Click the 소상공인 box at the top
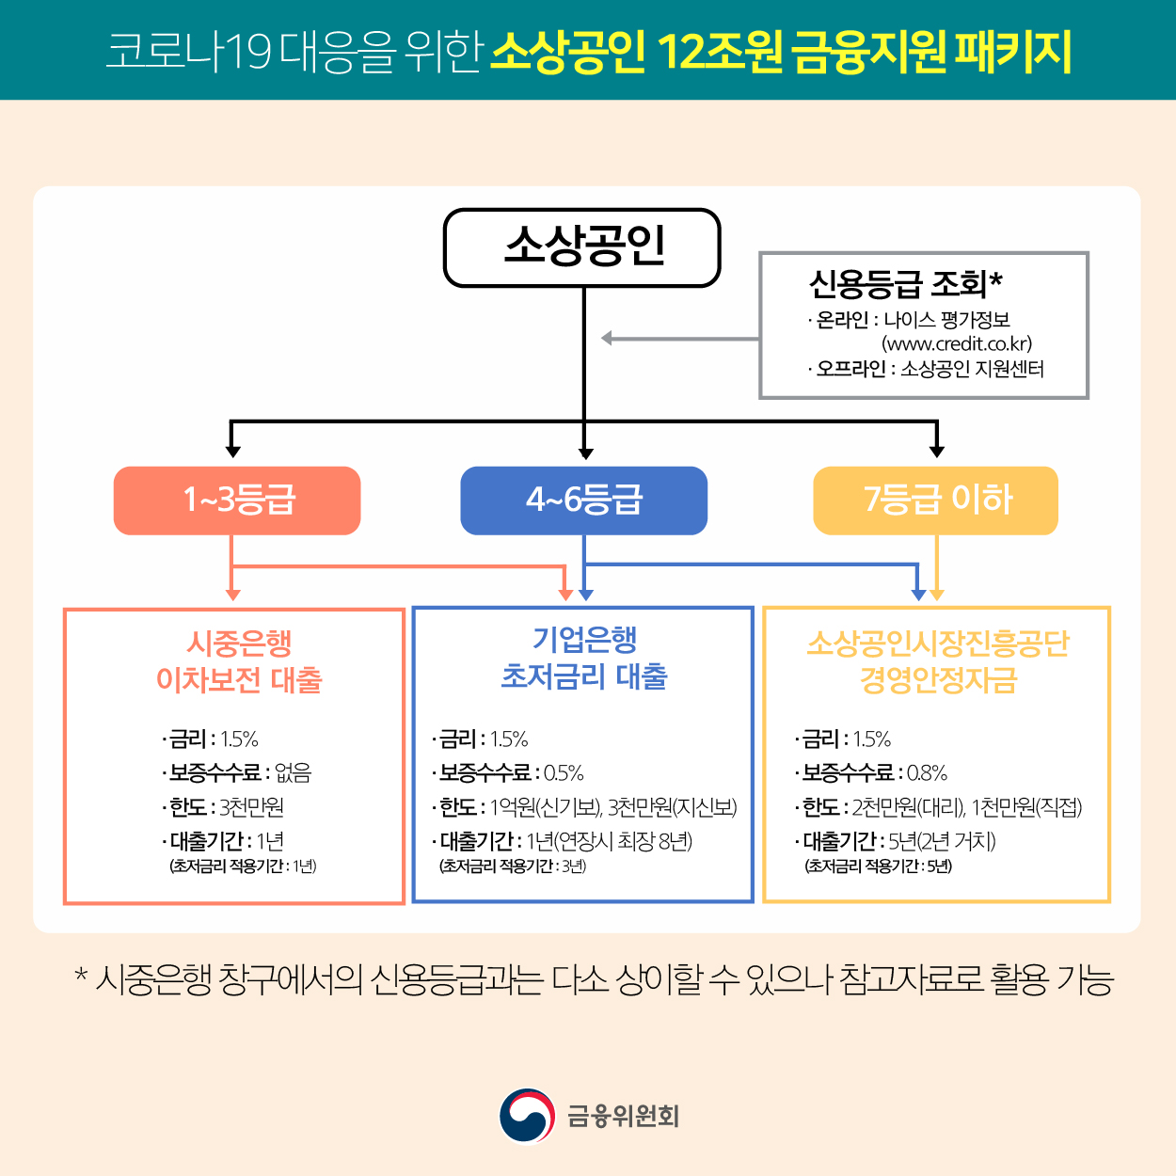coord(582,247)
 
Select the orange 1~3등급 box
coord(237,500)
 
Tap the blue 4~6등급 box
coord(583,500)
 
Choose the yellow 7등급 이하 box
coord(935,500)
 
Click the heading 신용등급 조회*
coord(905,283)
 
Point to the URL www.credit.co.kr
coord(957,344)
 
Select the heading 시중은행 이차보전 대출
coord(239,661)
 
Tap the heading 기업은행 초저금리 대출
coord(584,658)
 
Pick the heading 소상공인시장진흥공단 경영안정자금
coord(938,661)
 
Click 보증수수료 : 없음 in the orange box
coord(237,773)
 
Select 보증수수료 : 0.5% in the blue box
coord(509,773)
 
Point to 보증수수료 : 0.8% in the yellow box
coord(872,773)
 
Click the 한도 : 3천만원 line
coord(224,807)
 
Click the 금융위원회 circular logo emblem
coord(526,1116)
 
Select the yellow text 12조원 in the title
coord(720,51)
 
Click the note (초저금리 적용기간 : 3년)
coord(513,866)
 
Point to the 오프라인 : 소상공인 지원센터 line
coord(928,369)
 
